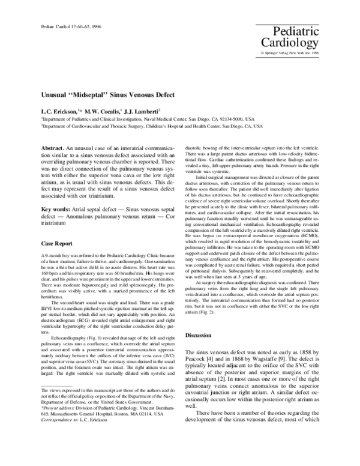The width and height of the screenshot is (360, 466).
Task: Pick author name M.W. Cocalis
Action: [x=102, y=111]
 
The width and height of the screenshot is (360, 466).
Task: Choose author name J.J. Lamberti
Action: [x=142, y=111]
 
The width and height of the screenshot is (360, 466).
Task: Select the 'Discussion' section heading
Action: [x=200, y=352]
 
